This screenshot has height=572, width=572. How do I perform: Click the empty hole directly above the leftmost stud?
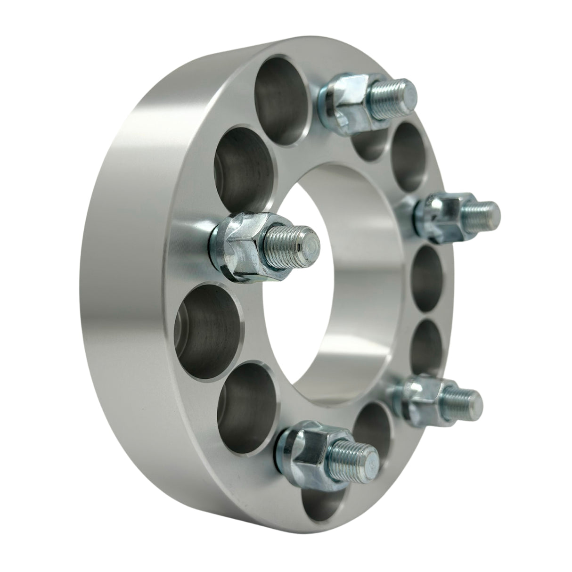pyautogui.click(x=240, y=170)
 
